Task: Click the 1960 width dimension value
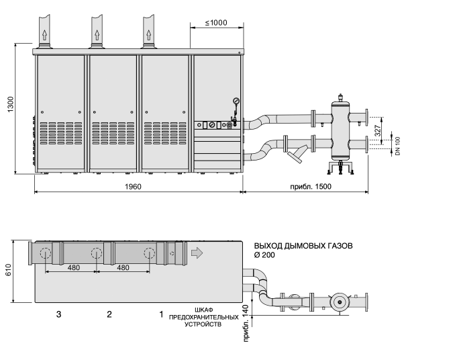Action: pyautogui.click(x=133, y=187)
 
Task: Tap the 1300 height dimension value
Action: pyautogui.click(x=10, y=104)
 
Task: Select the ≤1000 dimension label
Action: pyautogui.click(x=216, y=23)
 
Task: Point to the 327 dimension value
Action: pyautogui.click(x=378, y=130)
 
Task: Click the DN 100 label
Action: pyautogui.click(x=398, y=146)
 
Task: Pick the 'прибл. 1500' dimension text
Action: pyautogui.click(x=311, y=187)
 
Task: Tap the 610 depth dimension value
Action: pyautogui.click(x=8, y=270)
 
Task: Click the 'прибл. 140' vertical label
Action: pyautogui.click(x=246, y=323)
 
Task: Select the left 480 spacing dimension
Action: pyautogui.click(x=74, y=268)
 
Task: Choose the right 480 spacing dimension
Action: pyautogui.click(x=123, y=268)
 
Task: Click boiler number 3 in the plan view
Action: pyautogui.click(x=58, y=314)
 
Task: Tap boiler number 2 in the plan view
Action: pyautogui.click(x=109, y=314)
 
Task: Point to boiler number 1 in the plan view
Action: pyautogui.click(x=161, y=314)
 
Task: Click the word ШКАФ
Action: pyautogui.click(x=204, y=310)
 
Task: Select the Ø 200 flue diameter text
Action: pyautogui.click(x=264, y=255)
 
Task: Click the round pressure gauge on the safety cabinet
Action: pyautogui.click(x=236, y=101)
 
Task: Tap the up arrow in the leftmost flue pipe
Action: pyautogui.click(x=44, y=35)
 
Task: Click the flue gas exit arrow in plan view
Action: pyautogui.click(x=197, y=253)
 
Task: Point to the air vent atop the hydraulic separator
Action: pyautogui.click(x=340, y=97)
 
